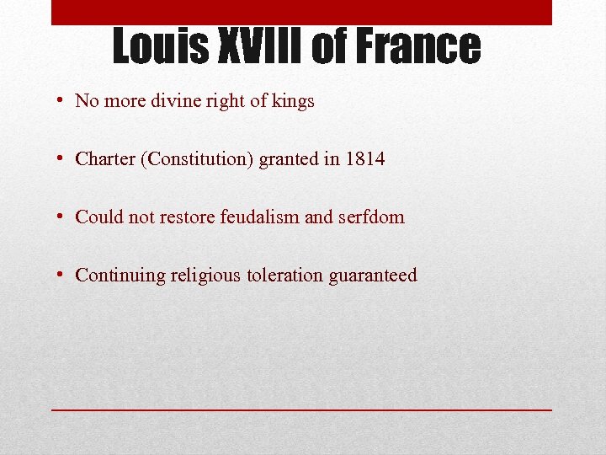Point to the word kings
(x=293, y=101)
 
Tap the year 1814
(x=365, y=158)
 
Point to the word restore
(x=186, y=217)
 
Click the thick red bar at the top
(x=301, y=12)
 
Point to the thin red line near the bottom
(x=301, y=409)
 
